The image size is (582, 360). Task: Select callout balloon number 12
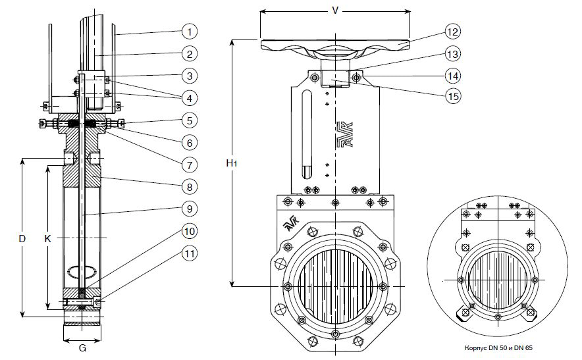pyautogui.click(x=452, y=31)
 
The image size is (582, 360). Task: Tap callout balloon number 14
pyautogui.click(x=452, y=75)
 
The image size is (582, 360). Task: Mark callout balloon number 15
pyautogui.click(x=452, y=96)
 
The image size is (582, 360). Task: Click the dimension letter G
pyautogui.click(x=83, y=348)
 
